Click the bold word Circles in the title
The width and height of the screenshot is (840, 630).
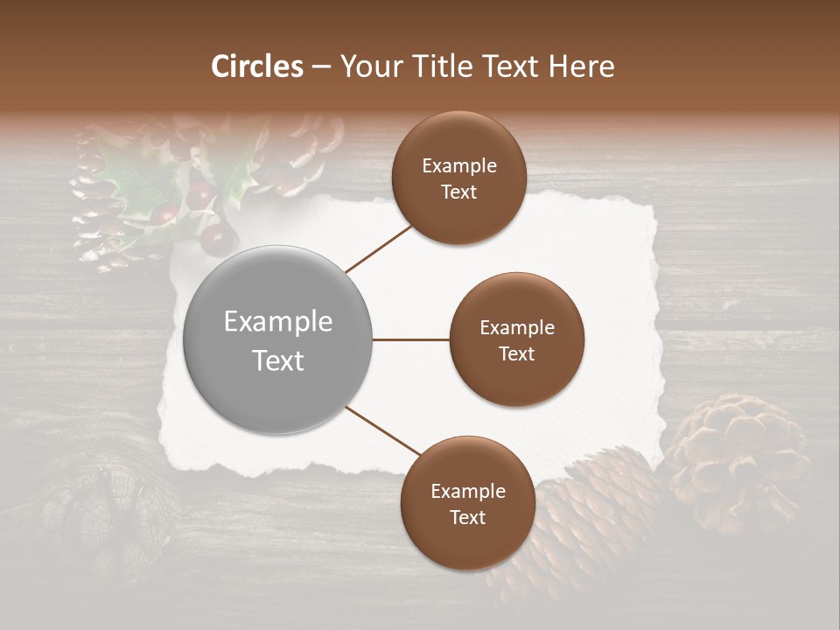point(257,66)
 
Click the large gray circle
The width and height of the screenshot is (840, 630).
point(278,339)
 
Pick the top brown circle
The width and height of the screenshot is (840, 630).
point(458,178)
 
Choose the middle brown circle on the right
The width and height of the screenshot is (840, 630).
point(516,339)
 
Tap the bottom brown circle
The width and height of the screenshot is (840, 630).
point(467,502)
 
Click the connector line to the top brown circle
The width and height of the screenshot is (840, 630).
point(380,248)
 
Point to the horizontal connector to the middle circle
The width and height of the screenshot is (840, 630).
point(410,339)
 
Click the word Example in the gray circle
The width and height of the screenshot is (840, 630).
point(278,322)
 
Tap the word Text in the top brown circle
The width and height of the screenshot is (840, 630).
point(458,192)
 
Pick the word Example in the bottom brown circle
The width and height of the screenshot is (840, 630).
point(467,491)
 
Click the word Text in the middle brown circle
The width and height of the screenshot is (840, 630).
point(516,353)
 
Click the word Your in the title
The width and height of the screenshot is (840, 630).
point(367,66)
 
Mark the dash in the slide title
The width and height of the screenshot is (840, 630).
point(320,67)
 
